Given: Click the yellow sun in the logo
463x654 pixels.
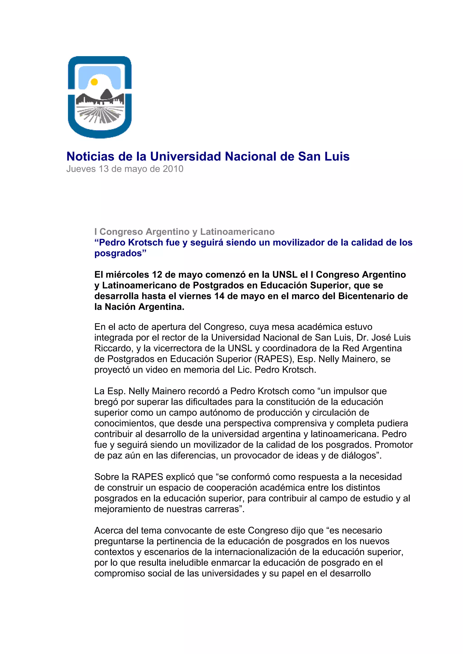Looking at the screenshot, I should (94, 82).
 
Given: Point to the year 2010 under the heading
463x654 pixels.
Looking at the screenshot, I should (173, 169).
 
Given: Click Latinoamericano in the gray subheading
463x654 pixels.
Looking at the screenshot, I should (237, 232).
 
